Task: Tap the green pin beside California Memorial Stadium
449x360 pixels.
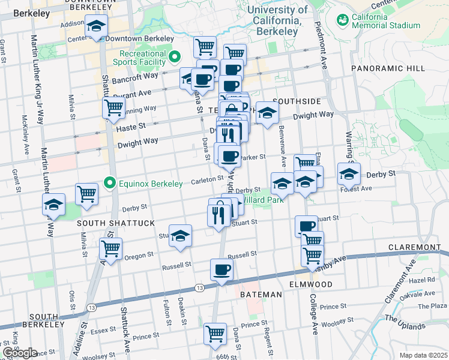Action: [343, 20]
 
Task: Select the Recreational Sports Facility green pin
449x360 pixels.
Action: [175, 58]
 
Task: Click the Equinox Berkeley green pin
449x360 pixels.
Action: [109, 181]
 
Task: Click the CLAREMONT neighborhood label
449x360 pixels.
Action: [415, 247]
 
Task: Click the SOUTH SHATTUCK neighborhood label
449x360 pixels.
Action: [116, 223]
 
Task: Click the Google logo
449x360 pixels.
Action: [20, 353]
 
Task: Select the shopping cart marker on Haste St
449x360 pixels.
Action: [113, 108]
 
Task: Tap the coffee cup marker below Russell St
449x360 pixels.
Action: [221, 269]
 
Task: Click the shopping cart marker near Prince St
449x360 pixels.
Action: [215, 334]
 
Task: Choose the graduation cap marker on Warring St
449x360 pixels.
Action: [349, 173]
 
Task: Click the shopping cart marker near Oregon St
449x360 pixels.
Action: [110, 248]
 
